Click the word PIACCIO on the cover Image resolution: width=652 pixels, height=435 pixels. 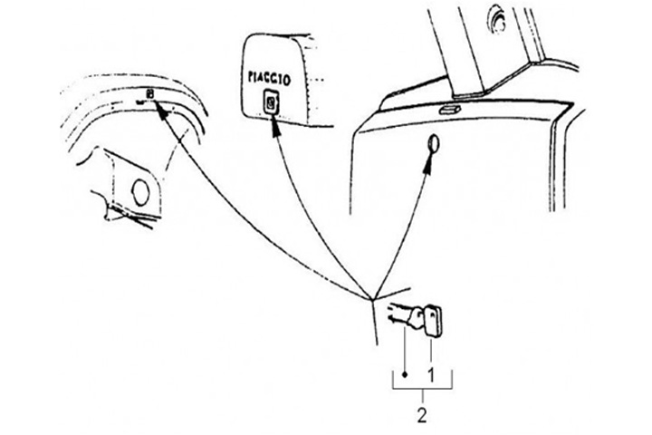[270, 77]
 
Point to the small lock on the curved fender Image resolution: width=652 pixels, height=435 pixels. [150, 93]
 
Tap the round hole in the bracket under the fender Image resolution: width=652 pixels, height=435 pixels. [140, 190]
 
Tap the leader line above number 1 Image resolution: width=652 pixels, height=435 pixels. [432, 349]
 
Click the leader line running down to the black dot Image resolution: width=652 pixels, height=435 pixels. [405, 349]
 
